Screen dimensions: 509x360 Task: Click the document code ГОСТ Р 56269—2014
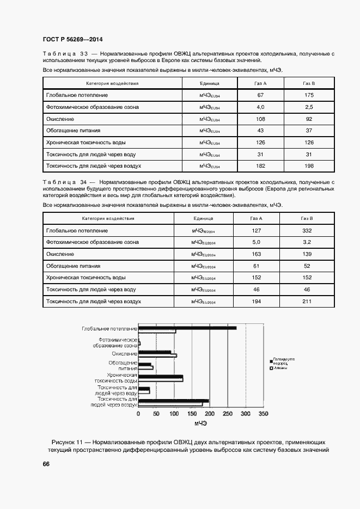[x=72, y=39]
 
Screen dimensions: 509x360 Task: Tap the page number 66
[x=46, y=464]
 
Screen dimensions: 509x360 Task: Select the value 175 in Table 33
[x=309, y=95]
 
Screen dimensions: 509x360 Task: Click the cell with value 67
[x=260, y=95]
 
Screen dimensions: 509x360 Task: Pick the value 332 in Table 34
[x=307, y=230]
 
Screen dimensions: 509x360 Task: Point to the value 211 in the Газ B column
[x=307, y=301]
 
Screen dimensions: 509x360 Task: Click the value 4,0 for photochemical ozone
[x=260, y=107]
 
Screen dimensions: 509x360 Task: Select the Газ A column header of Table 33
[x=260, y=84]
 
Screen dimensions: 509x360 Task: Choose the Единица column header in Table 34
[x=203, y=218]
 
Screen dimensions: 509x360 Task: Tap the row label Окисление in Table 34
[x=60, y=254]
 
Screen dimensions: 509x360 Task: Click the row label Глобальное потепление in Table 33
[x=77, y=95]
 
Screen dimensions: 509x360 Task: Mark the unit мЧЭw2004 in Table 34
[x=203, y=231]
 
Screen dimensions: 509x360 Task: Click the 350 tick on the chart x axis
[x=263, y=414]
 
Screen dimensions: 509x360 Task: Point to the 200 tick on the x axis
[x=210, y=414]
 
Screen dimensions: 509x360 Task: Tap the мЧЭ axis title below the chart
[x=200, y=424]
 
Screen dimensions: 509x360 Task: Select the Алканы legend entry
[x=281, y=369]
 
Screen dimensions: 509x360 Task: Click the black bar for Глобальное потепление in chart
[x=187, y=328]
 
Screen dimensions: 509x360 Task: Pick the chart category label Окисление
[x=125, y=354]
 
